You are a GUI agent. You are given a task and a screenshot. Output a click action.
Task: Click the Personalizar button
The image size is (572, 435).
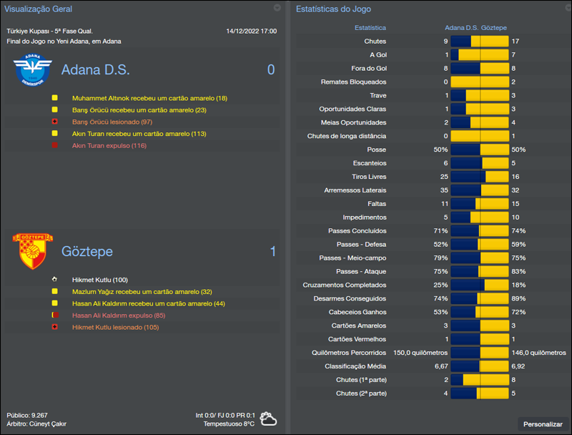pos(543,424)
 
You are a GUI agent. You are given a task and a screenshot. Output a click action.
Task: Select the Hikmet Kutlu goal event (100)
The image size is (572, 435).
pos(99,280)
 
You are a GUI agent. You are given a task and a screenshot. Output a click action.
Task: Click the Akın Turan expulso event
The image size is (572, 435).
pos(109,145)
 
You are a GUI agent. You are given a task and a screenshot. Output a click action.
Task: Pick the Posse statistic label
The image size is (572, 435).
pos(376,150)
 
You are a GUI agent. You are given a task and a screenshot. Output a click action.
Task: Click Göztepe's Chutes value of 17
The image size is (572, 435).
pos(516,41)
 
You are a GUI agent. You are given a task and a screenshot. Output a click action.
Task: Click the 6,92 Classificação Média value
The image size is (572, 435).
pos(518,366)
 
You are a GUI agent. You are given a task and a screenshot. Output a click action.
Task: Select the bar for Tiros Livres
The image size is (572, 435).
pos(479,177)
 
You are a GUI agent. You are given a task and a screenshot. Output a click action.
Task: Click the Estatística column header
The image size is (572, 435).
pos(370,27)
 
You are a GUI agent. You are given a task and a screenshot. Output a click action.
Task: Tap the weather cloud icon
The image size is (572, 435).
pos(270,419)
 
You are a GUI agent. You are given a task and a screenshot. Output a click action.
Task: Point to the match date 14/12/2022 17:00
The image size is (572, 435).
pos(251,31)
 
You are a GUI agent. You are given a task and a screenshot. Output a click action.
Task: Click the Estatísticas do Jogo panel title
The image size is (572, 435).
pos(332,9)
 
